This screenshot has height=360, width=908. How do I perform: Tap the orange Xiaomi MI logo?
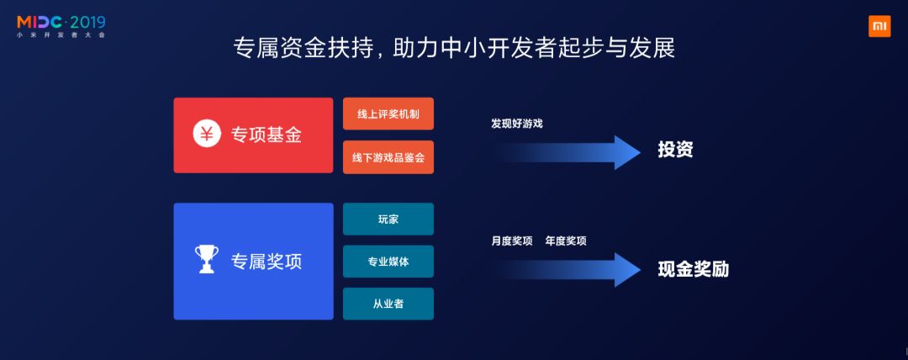coord(879,26)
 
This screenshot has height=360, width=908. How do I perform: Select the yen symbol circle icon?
coord(207,135)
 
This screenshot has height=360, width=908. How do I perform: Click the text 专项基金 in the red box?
coord(267,135)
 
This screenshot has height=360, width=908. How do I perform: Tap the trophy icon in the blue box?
coord(206,260)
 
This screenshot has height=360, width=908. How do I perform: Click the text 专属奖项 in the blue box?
coord(267,262)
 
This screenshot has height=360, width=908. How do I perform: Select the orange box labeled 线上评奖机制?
coord(388,114)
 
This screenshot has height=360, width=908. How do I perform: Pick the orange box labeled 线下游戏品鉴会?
coord(388,157)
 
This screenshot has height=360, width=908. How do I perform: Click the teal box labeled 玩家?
coord(388,219)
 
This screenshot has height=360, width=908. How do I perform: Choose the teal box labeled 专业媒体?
coord(388,262)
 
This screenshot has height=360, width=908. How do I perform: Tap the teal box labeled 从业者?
coord(388,304)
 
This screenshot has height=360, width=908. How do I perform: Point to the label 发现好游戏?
coord(517,124)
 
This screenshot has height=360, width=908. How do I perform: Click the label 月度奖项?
coord(512,241)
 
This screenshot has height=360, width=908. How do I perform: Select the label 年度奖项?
coord(566,241)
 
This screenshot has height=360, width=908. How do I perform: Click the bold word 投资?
coord(675,151)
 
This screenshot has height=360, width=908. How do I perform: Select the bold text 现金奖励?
coord(693,270)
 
